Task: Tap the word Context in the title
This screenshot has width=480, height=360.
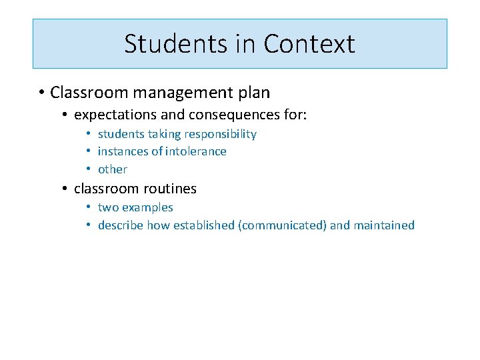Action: (309, 44)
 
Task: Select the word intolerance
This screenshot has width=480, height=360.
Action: (194, 151)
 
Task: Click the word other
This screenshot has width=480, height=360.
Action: (112, 169)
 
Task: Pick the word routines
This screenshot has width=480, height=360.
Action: (170, 189)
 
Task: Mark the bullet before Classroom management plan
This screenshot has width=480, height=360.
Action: (41, 92)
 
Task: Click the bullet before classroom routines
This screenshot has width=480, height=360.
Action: (65, 189)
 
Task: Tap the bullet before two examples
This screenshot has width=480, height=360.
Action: (89, 207)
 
